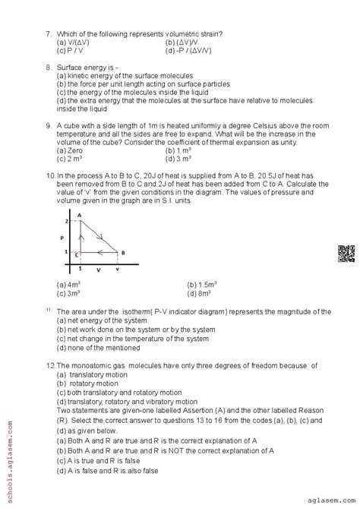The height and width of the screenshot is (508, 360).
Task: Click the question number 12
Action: tap(50, 365)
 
